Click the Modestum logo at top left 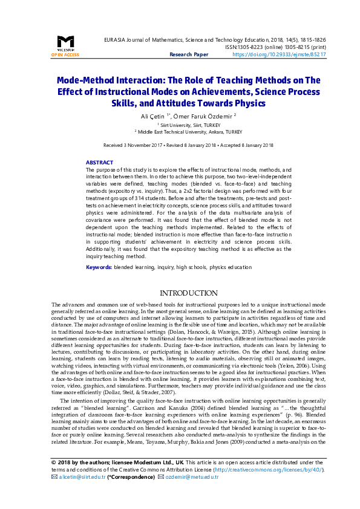[65, 42]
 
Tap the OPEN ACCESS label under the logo [65, 54]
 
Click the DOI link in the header [279, 54]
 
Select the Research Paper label [188, 54]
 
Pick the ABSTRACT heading [99, 163]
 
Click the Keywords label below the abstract [99, 267]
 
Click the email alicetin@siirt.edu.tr [82, 476]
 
